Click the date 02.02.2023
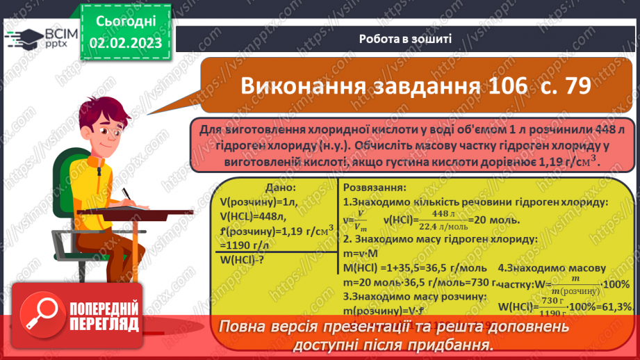point(125,43)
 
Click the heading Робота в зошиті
point(406,39)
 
